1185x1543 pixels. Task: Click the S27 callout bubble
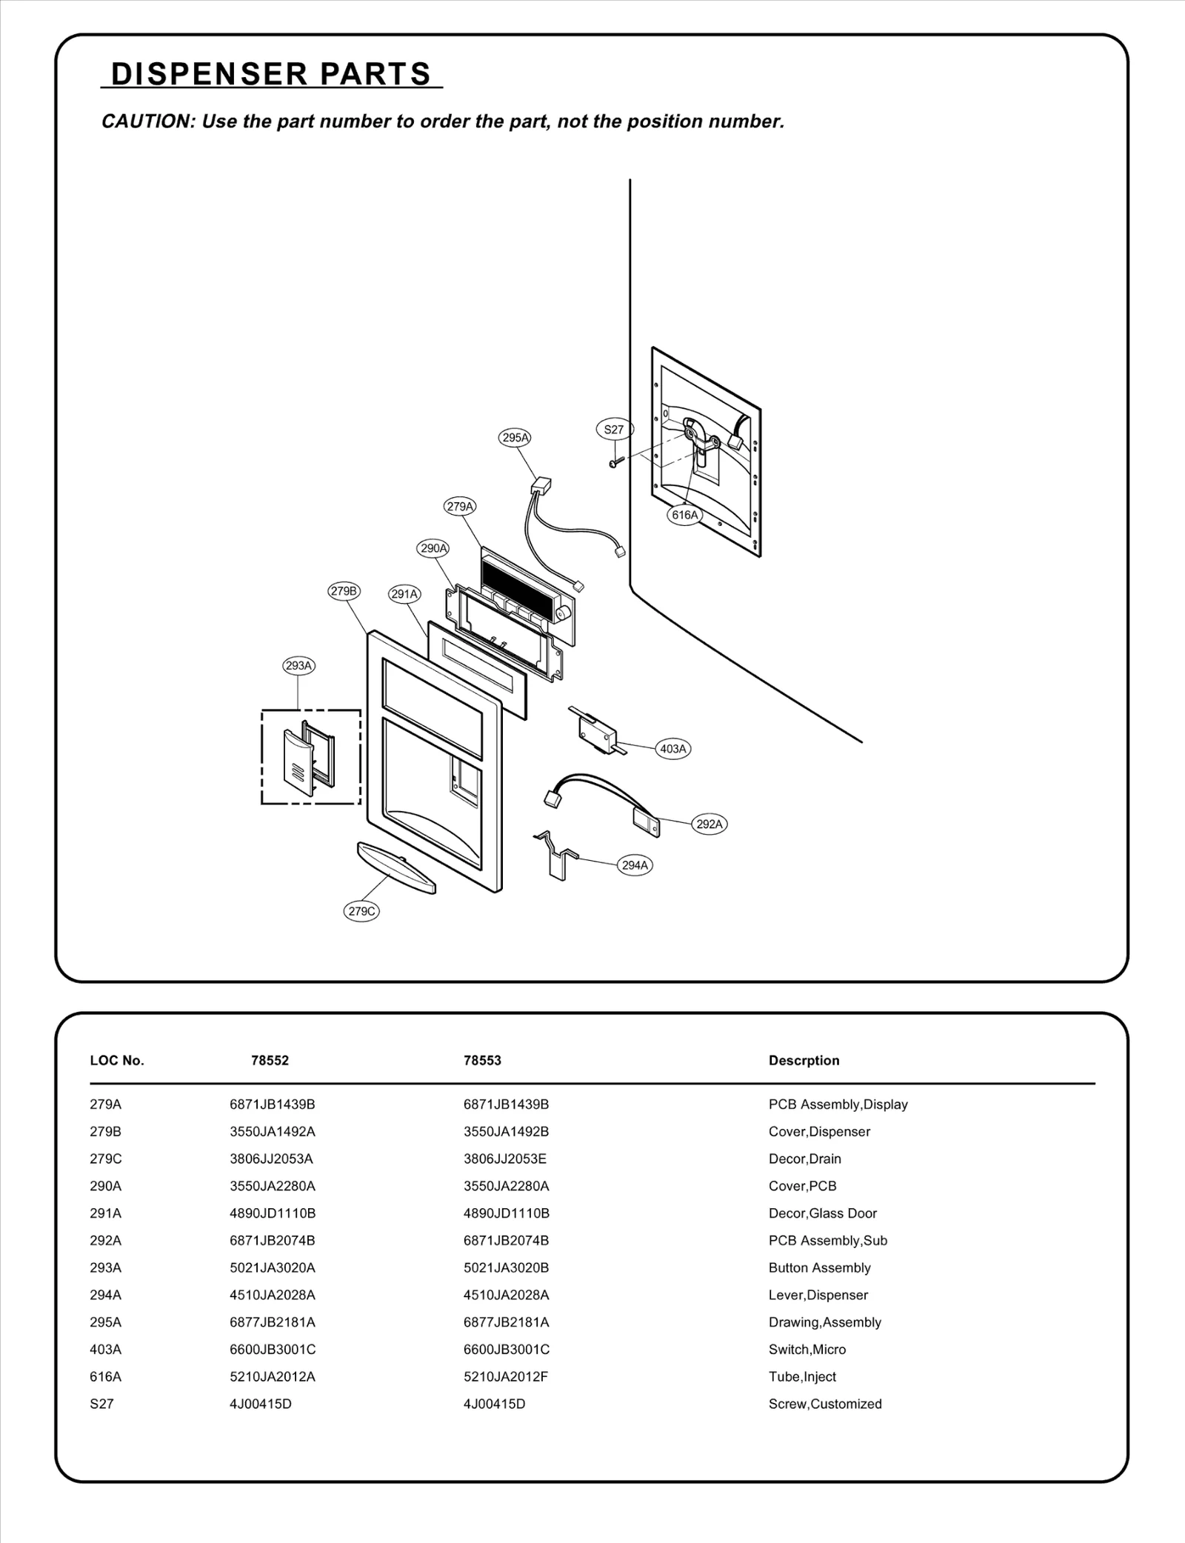click(x=614, y=430)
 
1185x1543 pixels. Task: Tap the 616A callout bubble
click(x=684, y=515)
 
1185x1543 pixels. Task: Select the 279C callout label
click(x=362, y=911)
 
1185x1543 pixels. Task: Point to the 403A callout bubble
click(x=673, y=749)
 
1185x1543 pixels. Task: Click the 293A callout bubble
click(x=299, y=666)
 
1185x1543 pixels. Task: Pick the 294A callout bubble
click(x=635, y=865)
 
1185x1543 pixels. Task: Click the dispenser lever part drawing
click(x=556, y=856)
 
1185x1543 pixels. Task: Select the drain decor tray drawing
click(x=396, y=867)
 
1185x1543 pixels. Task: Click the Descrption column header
click(x=804, y=1061)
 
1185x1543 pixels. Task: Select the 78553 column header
click(x=482, y=1061)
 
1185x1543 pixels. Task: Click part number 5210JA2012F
click(x=506, y=1376)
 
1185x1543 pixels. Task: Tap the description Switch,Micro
click(x=807, y=1350)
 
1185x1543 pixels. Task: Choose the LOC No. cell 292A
click(x=105, y=1241)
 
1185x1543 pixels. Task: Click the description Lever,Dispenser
click(x=818, y=1295)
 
